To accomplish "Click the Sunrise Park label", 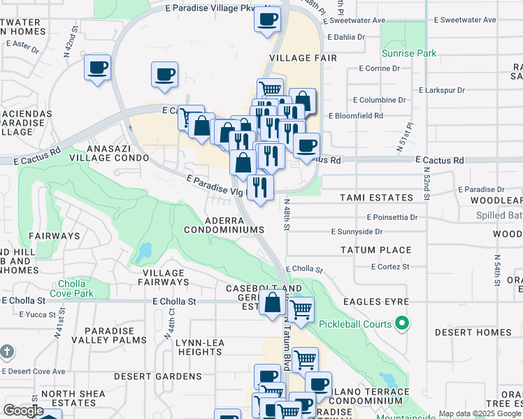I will [x=409, y=53].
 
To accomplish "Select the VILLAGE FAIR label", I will [x=299, y=59].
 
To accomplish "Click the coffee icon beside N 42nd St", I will [x=98, y=68].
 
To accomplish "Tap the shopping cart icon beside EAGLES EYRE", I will [x=301, y=310].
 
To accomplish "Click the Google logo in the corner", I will [x=23, y=410].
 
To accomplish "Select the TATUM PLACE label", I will [x=375, y=250].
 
